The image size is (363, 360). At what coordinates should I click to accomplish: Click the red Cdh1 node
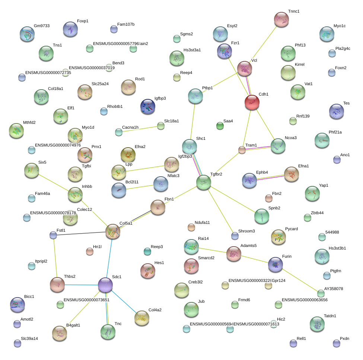click(x=252, y=102)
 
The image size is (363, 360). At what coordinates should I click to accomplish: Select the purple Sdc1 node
click(x=105, y=285)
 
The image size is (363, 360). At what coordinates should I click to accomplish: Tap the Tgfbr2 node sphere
click(x=204, y=182)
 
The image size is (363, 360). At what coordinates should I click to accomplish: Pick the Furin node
click(x=276, y=264)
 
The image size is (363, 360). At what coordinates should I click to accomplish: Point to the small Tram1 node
click(x=242, y=150)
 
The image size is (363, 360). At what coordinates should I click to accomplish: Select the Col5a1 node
click(x=113, y=231)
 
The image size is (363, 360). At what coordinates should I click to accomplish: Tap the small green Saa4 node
click(x=220, y=126)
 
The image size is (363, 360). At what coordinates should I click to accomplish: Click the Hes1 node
click(x=147, y=271)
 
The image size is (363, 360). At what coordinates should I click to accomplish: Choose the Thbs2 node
click(x=57, y=285)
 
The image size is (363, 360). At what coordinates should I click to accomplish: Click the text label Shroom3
click(x=246, y=231)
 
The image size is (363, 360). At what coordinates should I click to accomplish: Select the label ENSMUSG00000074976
click(x=57, y=145)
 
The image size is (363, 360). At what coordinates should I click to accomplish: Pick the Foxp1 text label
click(x=83, y=21)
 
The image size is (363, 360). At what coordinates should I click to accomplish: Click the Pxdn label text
click(x=344, y=338)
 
